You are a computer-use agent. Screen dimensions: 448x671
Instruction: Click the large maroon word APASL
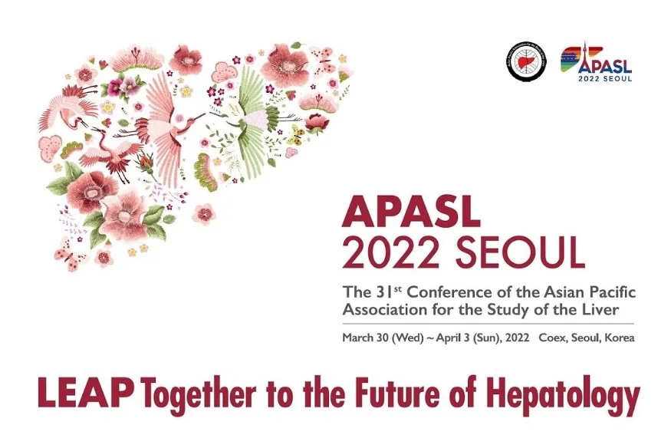pos(411,211)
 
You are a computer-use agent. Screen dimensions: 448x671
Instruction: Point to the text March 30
pos(365,338)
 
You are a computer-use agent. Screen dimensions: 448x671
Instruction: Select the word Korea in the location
pos(619,338)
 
